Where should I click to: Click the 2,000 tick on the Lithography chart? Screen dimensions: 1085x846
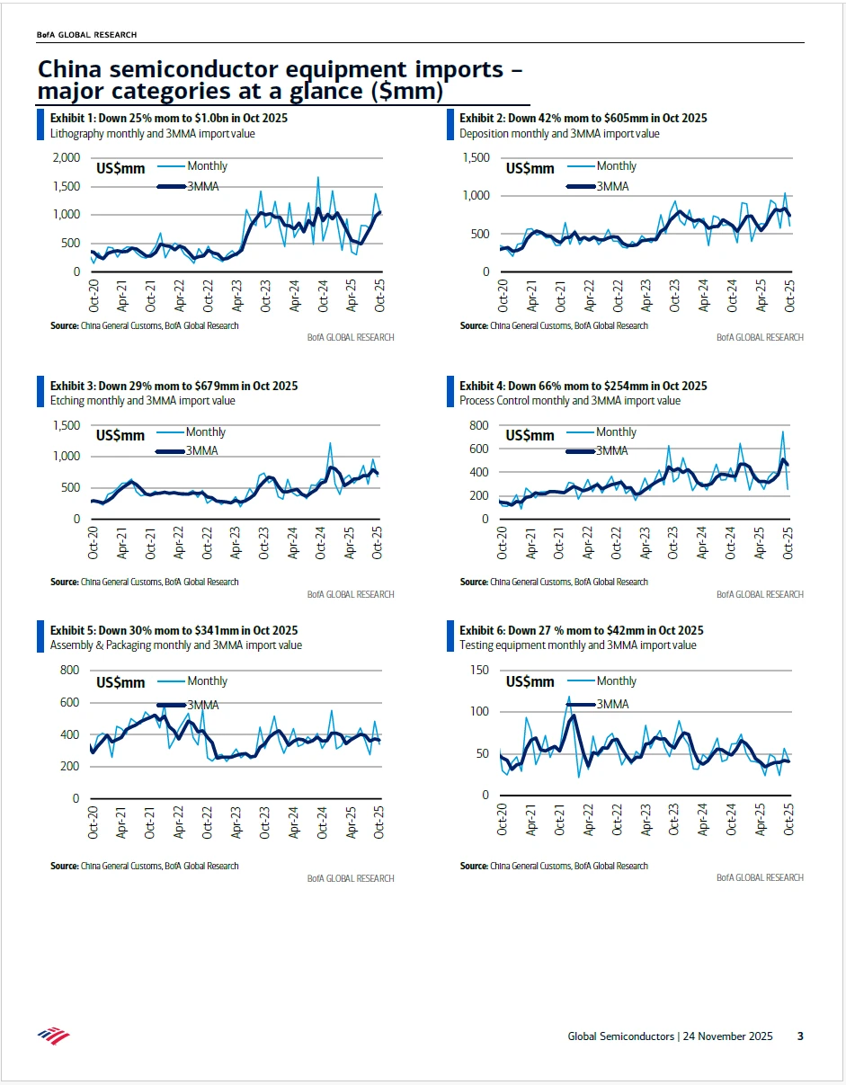tap(67, 158)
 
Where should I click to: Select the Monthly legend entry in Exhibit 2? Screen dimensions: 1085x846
tap(616, 166)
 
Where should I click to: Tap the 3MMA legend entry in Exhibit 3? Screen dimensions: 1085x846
tap(202, 450)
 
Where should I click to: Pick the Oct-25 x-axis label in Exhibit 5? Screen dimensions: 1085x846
tap(379, 823)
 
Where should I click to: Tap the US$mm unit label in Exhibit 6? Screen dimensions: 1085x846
tap(530, 682)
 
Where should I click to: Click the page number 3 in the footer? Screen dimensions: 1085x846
tap(800, 1036)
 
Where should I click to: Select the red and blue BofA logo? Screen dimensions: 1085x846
tap(53, 1036)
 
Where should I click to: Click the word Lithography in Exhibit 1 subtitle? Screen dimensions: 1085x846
tap(80, 134)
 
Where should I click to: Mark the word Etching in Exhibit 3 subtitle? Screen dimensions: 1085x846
tap(67, 401)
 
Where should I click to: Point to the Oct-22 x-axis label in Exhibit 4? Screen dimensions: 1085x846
tap(618, 542)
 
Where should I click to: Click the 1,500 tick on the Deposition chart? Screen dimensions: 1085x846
tap(475, 158)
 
